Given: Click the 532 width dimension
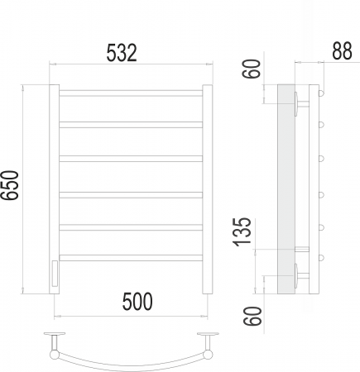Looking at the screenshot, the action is pos(122,52).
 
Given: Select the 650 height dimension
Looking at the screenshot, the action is pos(9,185).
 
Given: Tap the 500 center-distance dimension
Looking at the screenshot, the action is pos(137,301).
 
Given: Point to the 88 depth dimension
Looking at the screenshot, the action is pos(342,50).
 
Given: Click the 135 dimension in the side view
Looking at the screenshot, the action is pos(242,231).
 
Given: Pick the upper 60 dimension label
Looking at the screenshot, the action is pos(252,69).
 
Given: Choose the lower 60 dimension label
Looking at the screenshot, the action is pos(252,316).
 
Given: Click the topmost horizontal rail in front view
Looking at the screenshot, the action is pos(131,93).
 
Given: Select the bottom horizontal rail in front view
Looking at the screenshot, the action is pos(131,258).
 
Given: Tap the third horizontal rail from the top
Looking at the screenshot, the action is pos(131,159).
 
